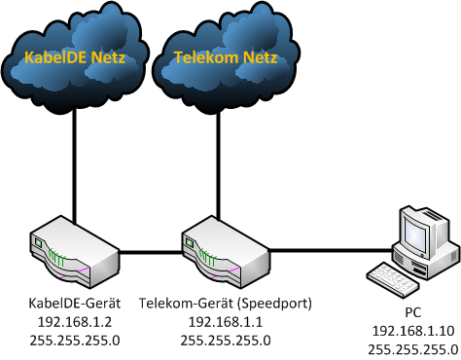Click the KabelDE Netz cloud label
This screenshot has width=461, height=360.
click(75, 57)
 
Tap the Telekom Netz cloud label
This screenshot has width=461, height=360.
click(226, 57)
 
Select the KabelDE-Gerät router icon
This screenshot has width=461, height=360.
click(75, 252)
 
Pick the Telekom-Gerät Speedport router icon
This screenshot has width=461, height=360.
click(226, 252)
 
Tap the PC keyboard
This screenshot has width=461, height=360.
click(393, 279)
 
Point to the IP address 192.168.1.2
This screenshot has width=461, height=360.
click(75, 322)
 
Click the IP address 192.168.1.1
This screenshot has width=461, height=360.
click(226, 322)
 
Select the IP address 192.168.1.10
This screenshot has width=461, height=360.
click(413, 331)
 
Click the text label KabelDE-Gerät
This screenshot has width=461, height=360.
click(75, 304)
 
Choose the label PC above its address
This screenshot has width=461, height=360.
click(413, 312)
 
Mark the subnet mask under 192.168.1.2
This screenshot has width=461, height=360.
click(75, 341)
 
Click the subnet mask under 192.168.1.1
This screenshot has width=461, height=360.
click(226, 341)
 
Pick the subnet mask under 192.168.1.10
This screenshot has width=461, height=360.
click(413, 350)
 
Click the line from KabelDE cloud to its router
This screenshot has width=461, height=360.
click(75, 165)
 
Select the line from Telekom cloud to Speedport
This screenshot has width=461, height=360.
click(219, 166)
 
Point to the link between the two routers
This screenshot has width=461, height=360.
click(151, 252)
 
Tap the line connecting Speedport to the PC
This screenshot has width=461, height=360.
click(332, 250)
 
